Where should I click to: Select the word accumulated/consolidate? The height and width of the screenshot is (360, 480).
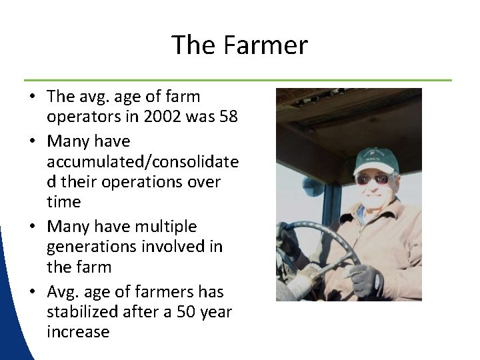pyautogui.click(x=143, y=162)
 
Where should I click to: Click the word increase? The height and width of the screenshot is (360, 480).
pyautogui.click(x=78, y=332)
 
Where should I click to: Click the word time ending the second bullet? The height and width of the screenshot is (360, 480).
pyautogui.click(x=64, y=201)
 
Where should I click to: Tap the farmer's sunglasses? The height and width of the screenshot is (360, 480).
pyautogui.click(x=373, y=179)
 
